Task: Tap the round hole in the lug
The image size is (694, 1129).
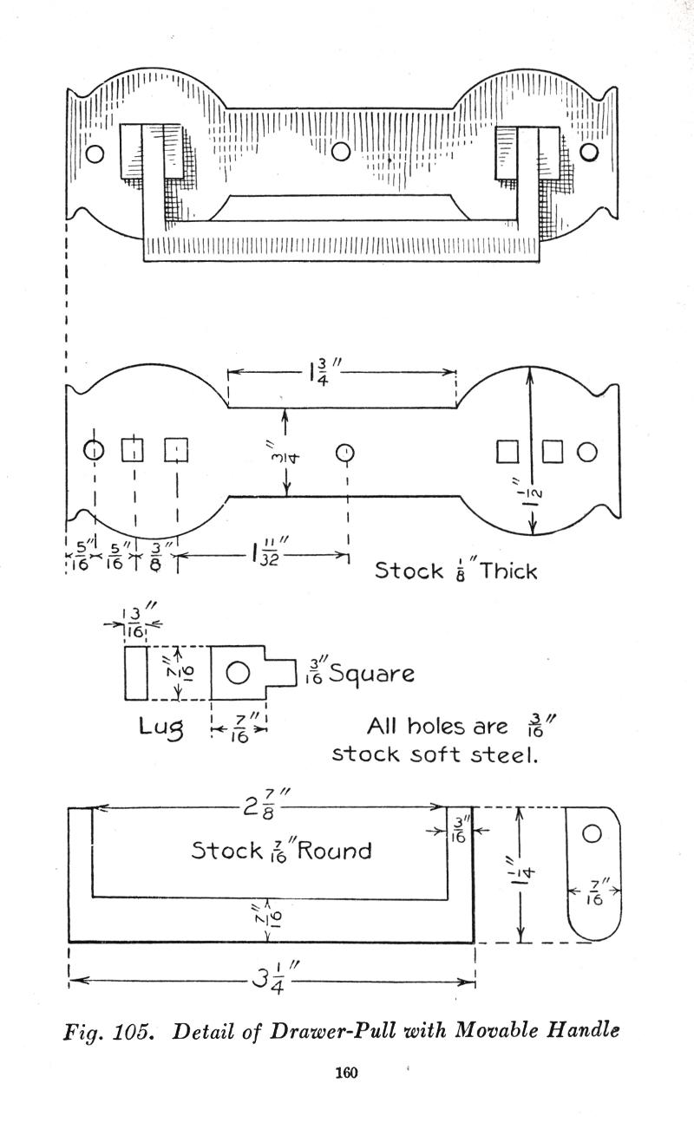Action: click(238, 672)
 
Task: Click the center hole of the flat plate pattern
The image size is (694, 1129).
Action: click(345, 452)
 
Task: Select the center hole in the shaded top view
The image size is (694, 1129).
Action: click(341, 152)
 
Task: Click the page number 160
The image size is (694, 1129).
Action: click(346, 1073)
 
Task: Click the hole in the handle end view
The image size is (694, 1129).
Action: click(592, 833)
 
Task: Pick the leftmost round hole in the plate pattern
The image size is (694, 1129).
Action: click(94, 450)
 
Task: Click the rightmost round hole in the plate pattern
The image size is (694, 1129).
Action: click(587, 451)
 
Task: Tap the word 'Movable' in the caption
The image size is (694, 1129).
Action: click(497, 1032)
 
